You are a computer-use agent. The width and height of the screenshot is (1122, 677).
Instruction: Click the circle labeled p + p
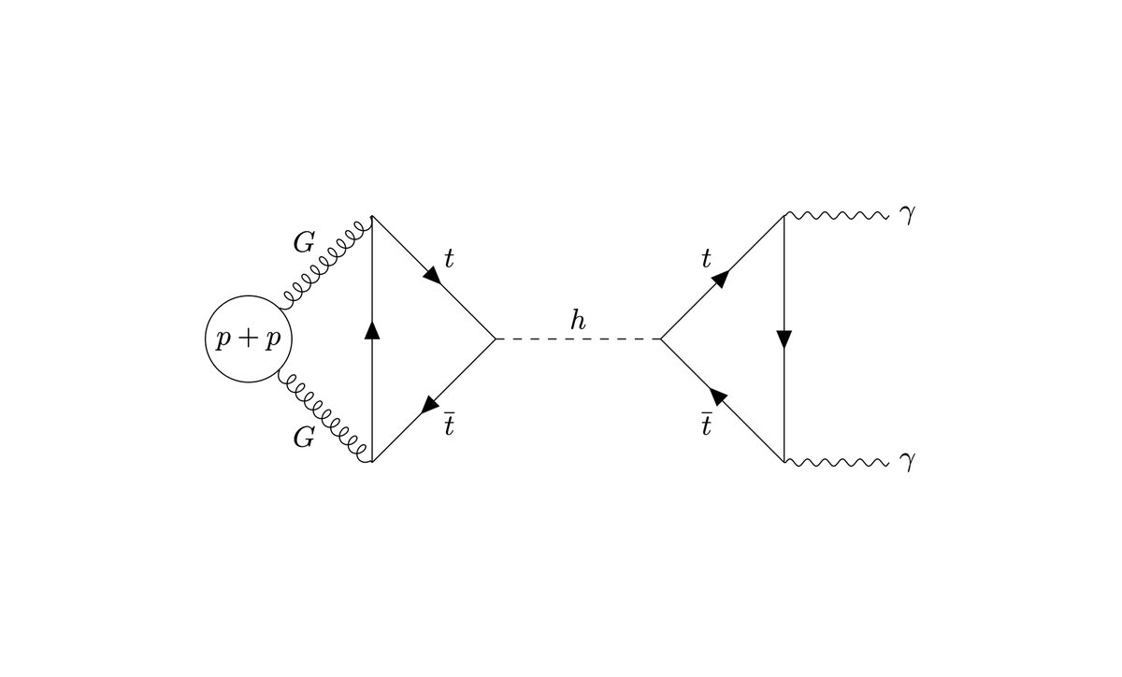[x=249, y=339]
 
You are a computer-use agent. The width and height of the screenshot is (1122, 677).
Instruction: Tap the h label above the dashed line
[x=579, y=321]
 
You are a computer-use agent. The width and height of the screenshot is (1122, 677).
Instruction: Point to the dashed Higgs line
[x=578, y=338]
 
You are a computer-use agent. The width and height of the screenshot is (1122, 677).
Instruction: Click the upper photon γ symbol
[x=904, y=217]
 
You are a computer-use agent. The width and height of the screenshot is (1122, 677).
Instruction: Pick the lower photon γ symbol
[x=904, y=462]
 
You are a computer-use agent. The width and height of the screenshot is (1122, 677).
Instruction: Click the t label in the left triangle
[x=449, y=259]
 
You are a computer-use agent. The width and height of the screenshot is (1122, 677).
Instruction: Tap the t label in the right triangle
[x=708, y=259]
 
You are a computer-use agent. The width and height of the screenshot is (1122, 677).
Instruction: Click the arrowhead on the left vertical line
[x=372, y=330]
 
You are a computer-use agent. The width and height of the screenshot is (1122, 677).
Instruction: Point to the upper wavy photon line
[x=834, y=217]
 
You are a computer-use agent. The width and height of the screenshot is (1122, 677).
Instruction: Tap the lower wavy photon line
[x=834, y=462]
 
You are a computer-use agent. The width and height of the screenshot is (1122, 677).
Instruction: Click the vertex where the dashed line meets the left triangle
[x=495, y=338]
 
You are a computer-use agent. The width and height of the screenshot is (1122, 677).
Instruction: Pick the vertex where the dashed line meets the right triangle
[x=661, y=338]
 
